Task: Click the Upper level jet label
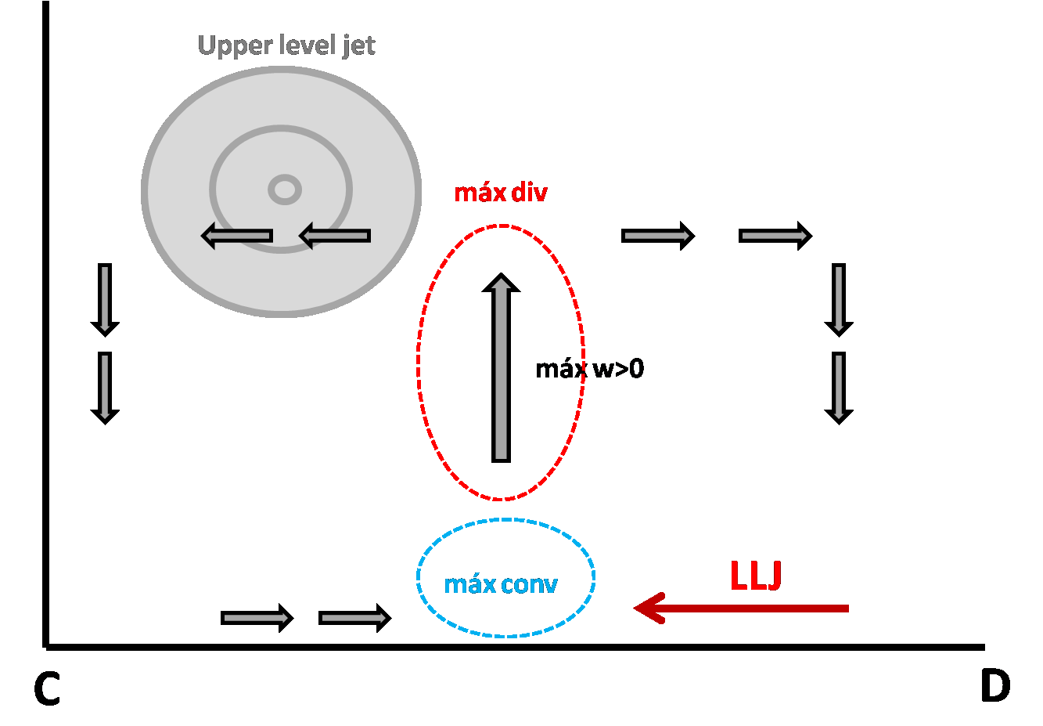coord(286,45)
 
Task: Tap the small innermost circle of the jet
coord(285,189)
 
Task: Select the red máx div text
coord(501,193)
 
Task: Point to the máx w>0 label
coord(589,369)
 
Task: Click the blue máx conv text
coord(501,584)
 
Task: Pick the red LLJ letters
coord(756,576)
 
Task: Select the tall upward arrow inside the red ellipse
coord(501,368)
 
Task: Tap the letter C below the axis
coord(47,689)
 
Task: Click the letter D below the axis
coord(994,686)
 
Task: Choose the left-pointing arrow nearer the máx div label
coord(335,236)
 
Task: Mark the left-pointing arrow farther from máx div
coord(237,236)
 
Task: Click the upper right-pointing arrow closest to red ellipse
coord(658,236)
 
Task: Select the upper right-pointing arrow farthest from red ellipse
coord(775,236)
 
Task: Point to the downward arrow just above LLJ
coord(839,388)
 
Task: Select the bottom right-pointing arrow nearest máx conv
coord(354,619)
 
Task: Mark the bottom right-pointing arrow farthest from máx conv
coord(257,619)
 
